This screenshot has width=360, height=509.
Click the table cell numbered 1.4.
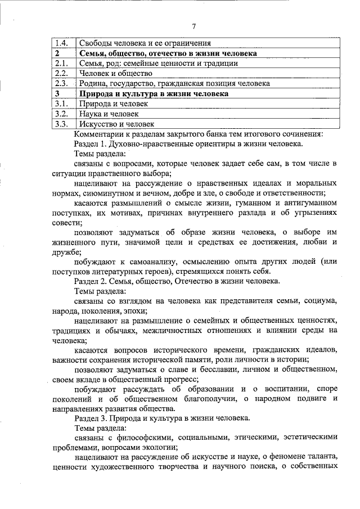coord(62,43)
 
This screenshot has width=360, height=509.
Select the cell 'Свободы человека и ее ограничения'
coord(145,43)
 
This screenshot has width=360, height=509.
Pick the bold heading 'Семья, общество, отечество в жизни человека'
coord(168,53)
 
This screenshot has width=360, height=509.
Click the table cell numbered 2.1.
coord(62,63)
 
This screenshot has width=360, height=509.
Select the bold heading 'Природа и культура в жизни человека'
coord(154,93)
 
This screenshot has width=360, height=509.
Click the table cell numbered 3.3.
coord(62,124)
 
